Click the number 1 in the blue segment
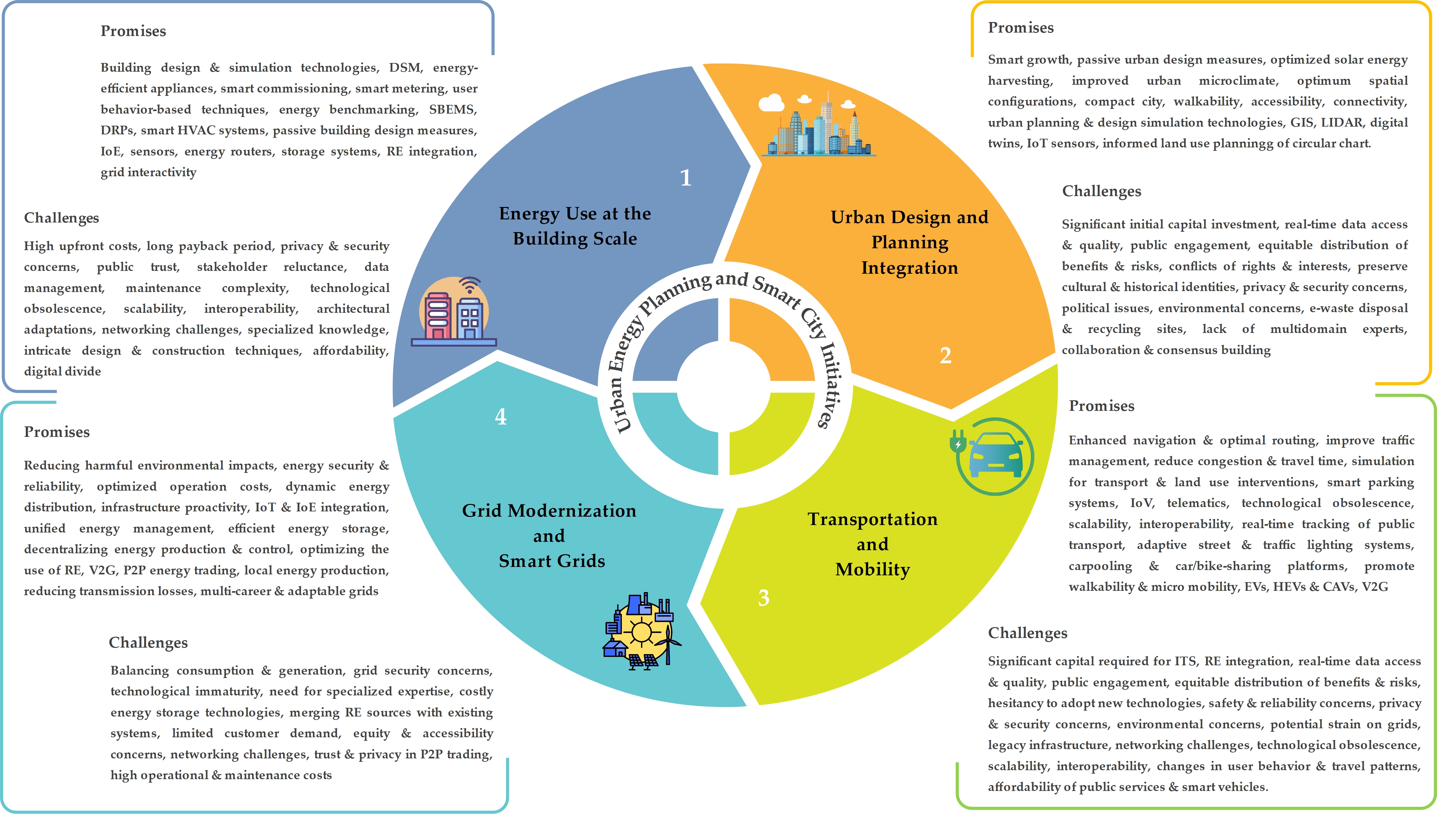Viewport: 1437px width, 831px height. pyautogui.click(x=685, y=178)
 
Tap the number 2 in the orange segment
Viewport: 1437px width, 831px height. pyautogui.click(x=945, y=355)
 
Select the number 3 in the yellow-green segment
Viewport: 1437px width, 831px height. pyautogui.click(x=764, y=598)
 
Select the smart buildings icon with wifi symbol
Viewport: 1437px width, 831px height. pyautogui.click(x=454, y=312)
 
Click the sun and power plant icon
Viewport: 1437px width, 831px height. pyautogui.click(x=641, y=631)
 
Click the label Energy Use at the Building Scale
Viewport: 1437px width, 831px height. pyautogui.click(x=575, y=226)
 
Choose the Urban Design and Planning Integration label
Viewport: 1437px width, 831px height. pyautogui.click(x=909, y=242)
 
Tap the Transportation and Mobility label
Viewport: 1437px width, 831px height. pyautogui.click(x=873, y=544)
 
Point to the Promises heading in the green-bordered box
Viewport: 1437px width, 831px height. pyautogui.click(x=1102, y=406)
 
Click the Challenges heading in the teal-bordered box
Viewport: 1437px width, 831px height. pyautogui.click(x=148, y=643)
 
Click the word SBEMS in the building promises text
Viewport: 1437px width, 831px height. pyautogui.click(x=453, y=110)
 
